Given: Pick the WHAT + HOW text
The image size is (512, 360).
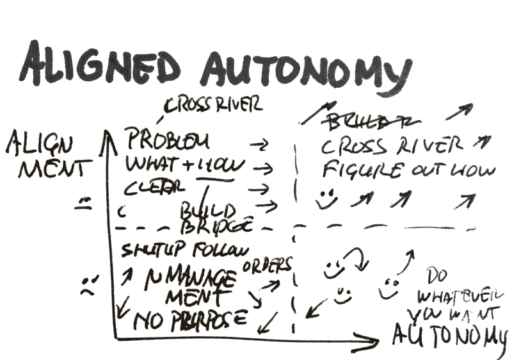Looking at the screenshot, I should click(185, 166).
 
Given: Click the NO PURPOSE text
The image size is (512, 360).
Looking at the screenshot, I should click(188, 318).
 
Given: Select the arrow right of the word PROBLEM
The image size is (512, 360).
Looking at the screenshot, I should click(257, 145).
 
